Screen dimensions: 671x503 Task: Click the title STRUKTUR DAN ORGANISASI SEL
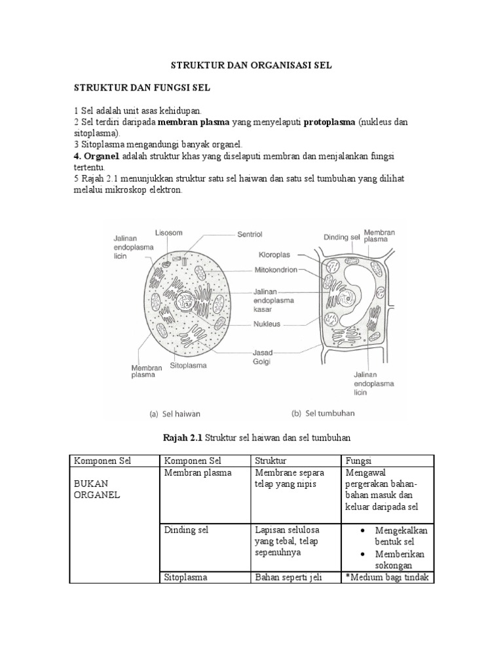point(251,66)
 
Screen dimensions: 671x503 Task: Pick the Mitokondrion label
point(275,269)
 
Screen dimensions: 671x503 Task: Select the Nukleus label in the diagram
point(269,322)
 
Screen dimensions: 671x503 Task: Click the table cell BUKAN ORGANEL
point(97,489)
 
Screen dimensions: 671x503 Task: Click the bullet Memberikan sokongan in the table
point(399,560)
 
